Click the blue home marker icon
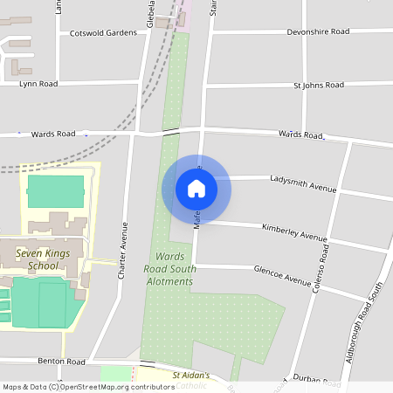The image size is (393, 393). click(196, 189)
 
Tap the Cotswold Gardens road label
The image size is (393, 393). click(103, 33)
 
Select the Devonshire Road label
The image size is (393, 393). click(318, 31)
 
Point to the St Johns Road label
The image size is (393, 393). click(319, 86)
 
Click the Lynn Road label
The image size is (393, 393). click(38, 84)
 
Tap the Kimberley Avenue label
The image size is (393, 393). click(294, 231)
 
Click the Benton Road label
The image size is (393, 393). click(61, 361)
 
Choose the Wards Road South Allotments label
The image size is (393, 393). click(169, 269)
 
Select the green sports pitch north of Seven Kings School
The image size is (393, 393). click(56, 190)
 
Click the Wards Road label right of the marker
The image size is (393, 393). click(301, 135)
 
